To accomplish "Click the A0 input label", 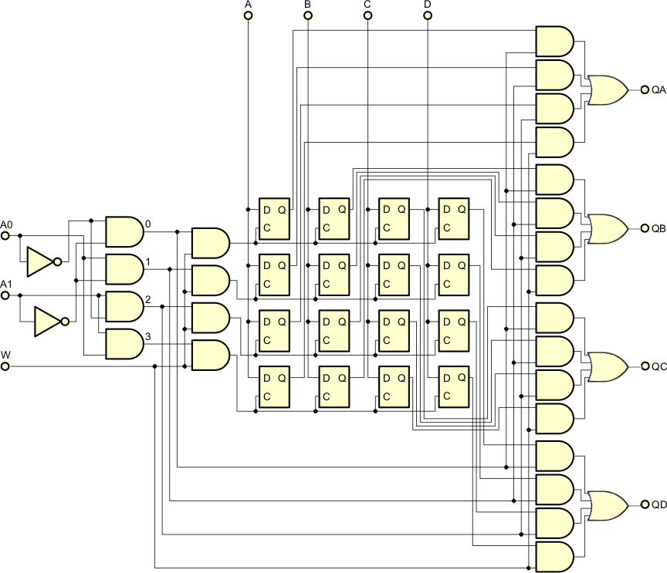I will (7, 224).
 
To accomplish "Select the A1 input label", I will (7, 285).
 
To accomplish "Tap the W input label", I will (6, 354).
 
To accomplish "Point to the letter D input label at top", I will (428, 5).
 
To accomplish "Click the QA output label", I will (659, 90).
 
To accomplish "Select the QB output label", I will (659, 228).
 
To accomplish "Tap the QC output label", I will (659, 366).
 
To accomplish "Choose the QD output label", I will (659, 504).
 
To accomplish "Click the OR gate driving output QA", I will (607, 90).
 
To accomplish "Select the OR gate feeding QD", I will (607, 504).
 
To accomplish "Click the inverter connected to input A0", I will (41, 262).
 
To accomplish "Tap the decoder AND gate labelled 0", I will (124, 231).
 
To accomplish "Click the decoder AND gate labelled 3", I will (124, 344).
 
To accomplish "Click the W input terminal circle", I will (5, 366).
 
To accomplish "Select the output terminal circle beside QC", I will (644, 366).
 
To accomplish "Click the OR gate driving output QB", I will (607, 228).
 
